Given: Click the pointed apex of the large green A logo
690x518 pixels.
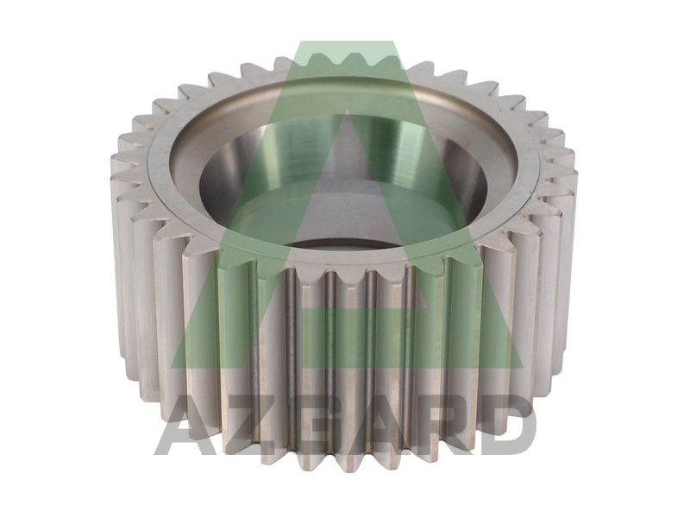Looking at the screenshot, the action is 348,42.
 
